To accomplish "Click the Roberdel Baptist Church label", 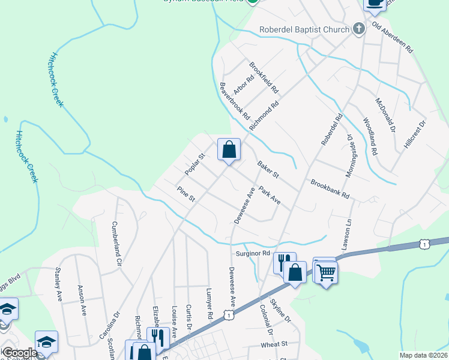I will pos(304,29).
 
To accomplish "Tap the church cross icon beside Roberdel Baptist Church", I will pos(358,29).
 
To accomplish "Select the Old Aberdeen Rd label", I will pos(393,37).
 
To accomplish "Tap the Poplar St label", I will pos(196,164).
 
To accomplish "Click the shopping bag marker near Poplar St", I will pos(229,149).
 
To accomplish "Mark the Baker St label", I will pos(268,170).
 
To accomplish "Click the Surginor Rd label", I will pos(252,253).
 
